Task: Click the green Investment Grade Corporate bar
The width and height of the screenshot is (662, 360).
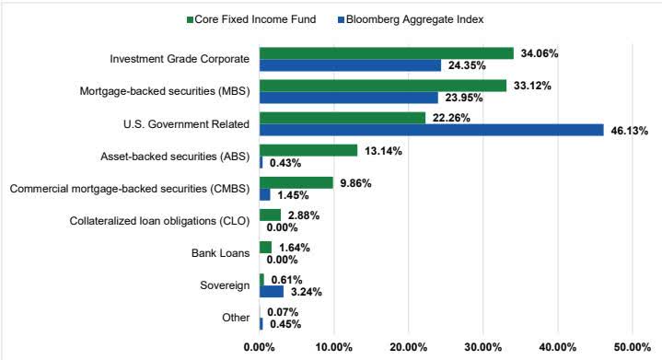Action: (386, 53)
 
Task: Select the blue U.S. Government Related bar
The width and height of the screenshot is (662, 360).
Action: (431, 130)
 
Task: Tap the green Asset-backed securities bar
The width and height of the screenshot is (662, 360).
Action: (308, 150)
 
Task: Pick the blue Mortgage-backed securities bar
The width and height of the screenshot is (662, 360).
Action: (348, 98)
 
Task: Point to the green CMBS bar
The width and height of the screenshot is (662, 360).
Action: (296, 182)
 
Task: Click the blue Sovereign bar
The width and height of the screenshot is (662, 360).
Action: (272, 292)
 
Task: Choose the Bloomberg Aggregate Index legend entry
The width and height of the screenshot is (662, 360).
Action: (424, 18)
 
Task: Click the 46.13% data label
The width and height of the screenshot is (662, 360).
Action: (629, 131)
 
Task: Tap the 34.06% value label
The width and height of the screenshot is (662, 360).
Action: (539, 53)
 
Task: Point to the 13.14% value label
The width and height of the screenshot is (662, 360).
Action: (383, 150)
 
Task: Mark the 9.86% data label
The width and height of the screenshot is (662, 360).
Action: (355, 182)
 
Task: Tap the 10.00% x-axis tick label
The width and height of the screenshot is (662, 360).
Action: (333, 347)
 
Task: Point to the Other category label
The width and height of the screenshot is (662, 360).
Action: (236, 318)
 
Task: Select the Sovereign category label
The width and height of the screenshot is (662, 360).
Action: (226, 285)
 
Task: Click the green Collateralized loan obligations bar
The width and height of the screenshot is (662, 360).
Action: (270, 215)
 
